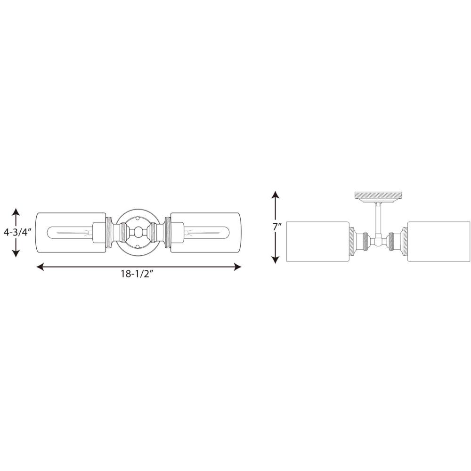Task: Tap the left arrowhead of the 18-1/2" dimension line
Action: coord(40,267)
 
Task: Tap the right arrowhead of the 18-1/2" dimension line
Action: coord(237,267)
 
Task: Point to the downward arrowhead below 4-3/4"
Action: coord(16,253)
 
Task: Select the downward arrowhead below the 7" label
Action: coord(276,259)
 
